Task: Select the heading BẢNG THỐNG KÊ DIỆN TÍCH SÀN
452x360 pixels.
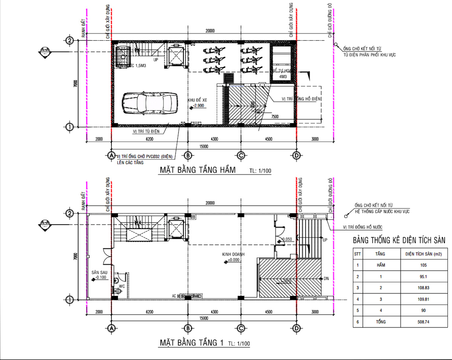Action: pos(399,240)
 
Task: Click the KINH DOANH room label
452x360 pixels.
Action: pos(234,254)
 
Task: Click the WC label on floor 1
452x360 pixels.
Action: pos(122,286)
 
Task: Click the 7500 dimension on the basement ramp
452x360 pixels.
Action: pos(275,117)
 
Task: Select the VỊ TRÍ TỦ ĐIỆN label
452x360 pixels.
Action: pos(147,131)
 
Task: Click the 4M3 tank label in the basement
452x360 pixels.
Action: pos(282,77)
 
